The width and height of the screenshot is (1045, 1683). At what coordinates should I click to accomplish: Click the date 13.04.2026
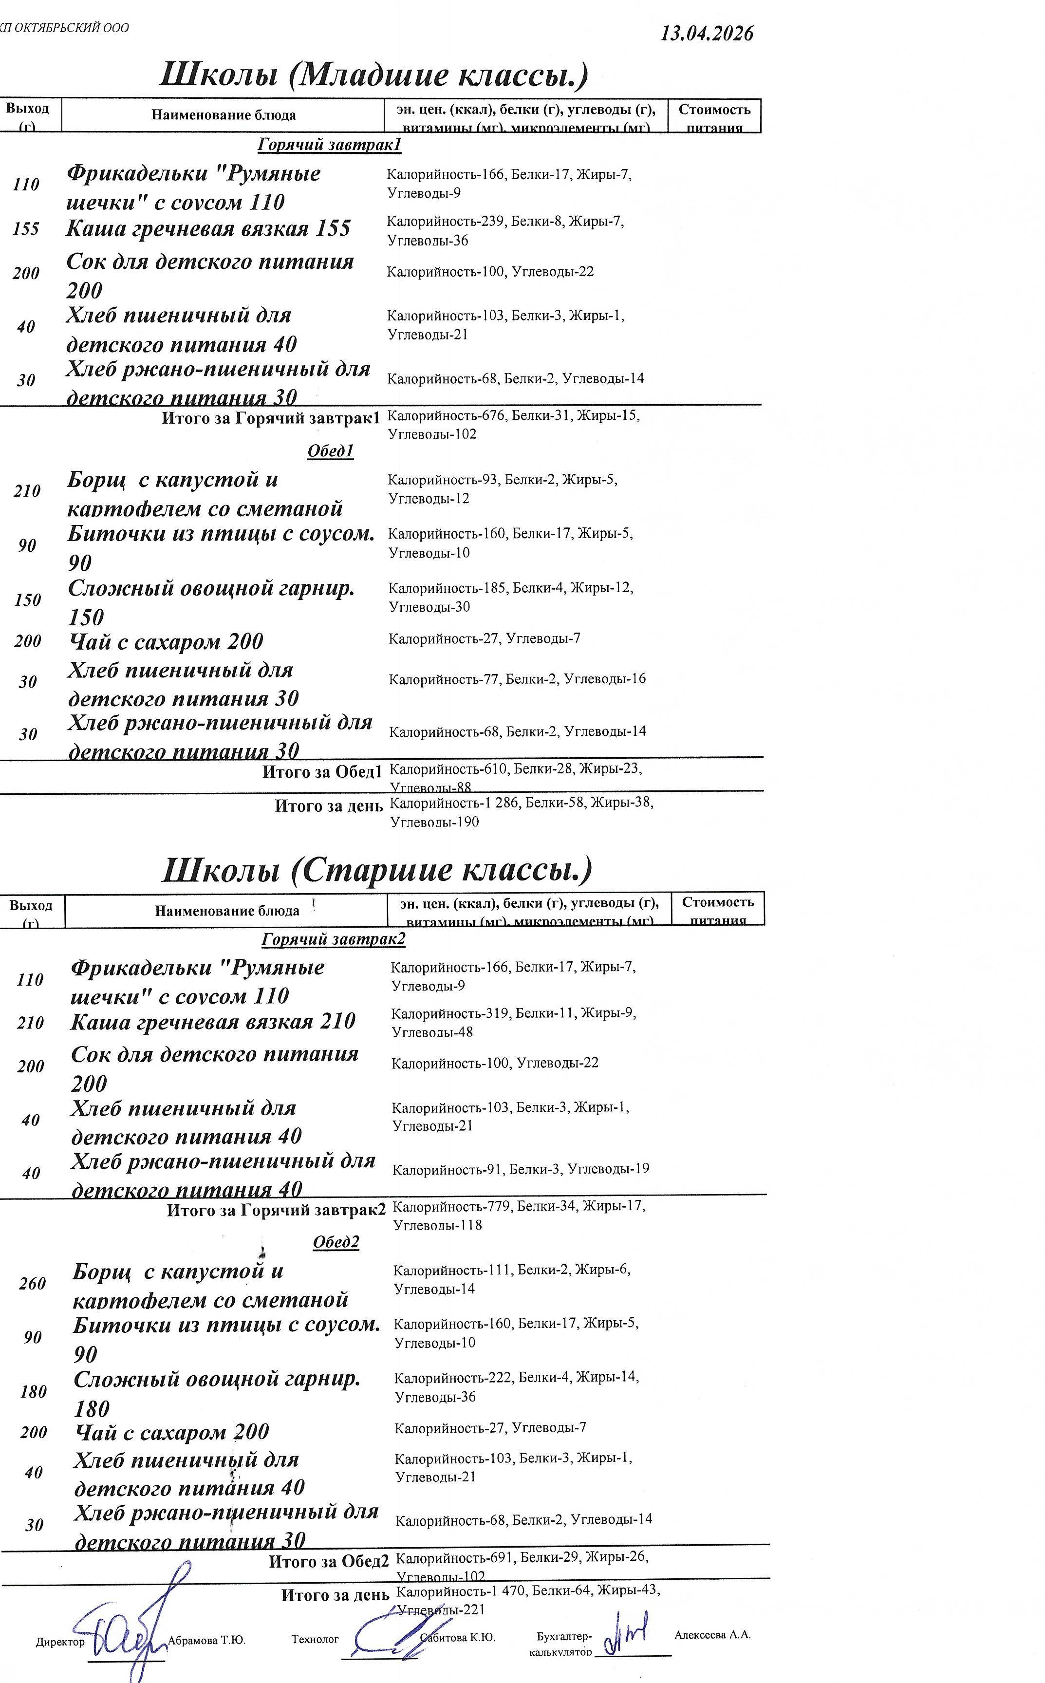[x=707, y=33]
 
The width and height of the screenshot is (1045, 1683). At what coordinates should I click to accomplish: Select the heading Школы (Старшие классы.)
[x=377, y=870]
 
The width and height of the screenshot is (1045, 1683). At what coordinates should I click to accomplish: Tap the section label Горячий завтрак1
[x=329, y=145]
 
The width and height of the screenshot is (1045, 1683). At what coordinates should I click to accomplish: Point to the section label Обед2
[x=336, y=1242]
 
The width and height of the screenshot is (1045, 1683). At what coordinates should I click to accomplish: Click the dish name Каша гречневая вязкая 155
[x=208, y=229]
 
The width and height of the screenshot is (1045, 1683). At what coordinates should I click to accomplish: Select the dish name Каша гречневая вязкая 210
[x=213, y=1022]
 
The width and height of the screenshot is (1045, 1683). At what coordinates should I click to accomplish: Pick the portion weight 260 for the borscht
[x=33, y=1284]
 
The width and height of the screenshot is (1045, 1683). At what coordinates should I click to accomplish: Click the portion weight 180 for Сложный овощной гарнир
[x=33, y=1391]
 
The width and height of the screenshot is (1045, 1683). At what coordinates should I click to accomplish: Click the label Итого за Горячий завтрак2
[x=276, y=1210]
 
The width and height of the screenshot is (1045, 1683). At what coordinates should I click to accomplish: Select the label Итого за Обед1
[x=322, y=771]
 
